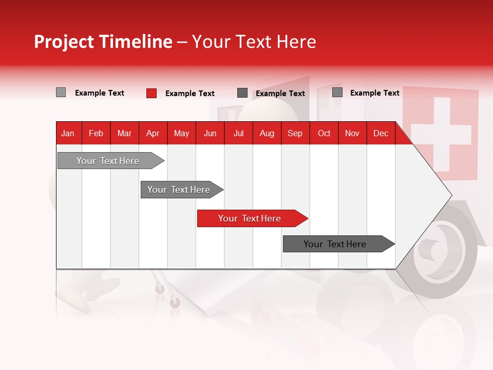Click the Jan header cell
(68, 134)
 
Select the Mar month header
(124, 134)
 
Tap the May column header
(181, 134)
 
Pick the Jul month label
(238, 134)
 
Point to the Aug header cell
(267, 134)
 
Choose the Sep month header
(295, 134)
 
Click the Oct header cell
(324, 134)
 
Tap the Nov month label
(352, 134)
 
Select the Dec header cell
(381, 134)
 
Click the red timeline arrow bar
(252, 218)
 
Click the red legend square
(151, 93)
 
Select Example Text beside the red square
(189, 94)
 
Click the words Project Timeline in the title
(103, 42)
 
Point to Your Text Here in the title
(254, 42)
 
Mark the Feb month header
(96, 134)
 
